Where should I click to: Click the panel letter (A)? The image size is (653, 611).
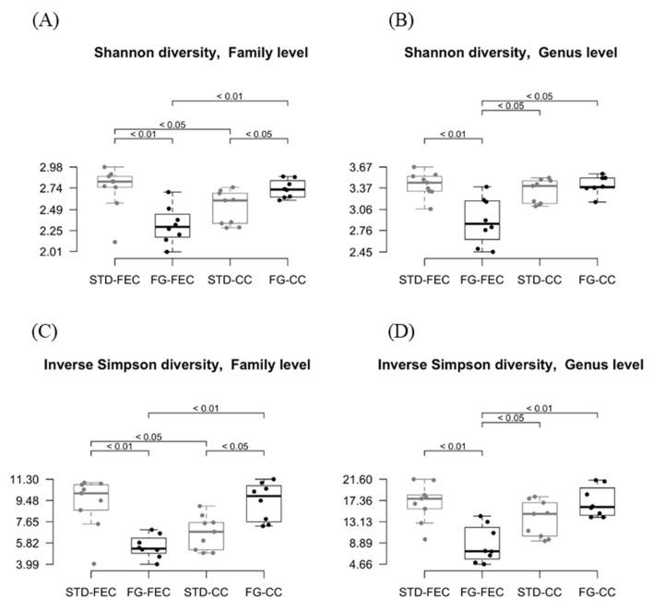click(46, 19)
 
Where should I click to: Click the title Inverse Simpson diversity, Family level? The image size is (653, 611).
click(177, 365)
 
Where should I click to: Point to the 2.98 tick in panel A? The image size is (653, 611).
click(77, 167)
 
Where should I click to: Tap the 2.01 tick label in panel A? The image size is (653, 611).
click(77, 252)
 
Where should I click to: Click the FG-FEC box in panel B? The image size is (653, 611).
click(482, 220)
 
